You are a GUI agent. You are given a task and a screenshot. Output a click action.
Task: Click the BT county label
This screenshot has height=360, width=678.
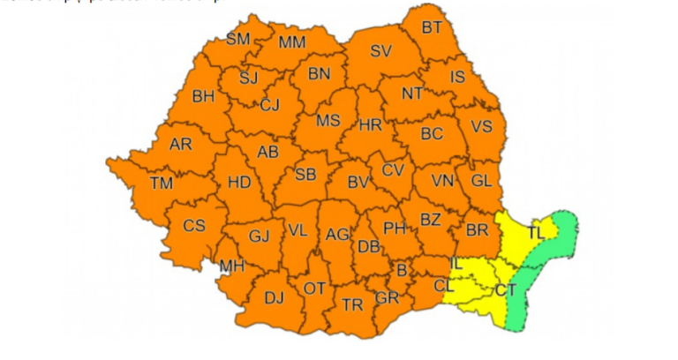tap(431, 27)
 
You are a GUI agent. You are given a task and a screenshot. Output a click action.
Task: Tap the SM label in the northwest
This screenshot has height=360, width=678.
tap(238, 39)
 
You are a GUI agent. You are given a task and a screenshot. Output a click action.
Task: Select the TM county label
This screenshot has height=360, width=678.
tap(161, 184)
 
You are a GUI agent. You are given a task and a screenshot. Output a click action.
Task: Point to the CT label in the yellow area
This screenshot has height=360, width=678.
tap(505, 289)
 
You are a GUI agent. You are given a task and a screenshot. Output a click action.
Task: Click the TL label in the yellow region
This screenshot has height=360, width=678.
tap(536, 233)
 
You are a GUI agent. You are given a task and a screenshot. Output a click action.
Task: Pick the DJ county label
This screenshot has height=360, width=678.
tap(275, 298)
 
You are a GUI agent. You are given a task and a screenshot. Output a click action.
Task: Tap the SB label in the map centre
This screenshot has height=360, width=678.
tap(305, 175)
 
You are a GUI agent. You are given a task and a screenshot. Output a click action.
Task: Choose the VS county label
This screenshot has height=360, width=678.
tap(481, 126)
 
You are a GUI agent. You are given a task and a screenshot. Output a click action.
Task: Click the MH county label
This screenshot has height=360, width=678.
tap(232, 266)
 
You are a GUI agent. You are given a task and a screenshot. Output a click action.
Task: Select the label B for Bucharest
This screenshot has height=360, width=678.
tap(402, 270)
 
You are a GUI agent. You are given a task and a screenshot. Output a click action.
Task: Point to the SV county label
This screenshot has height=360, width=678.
tap(380, 51)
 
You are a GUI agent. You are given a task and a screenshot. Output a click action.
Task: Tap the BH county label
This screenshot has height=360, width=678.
tap(204, 96)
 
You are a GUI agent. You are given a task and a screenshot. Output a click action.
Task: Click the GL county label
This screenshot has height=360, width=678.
tap(481, 180)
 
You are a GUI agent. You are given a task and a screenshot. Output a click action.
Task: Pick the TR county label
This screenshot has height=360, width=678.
tap(352, 305)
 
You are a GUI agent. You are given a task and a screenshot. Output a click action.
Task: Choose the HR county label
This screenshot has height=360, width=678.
tap(371, 126)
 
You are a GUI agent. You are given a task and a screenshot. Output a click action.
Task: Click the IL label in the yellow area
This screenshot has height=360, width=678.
tap(456, 263)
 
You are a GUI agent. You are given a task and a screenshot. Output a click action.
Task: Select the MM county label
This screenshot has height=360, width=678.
tap(291, 42)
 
